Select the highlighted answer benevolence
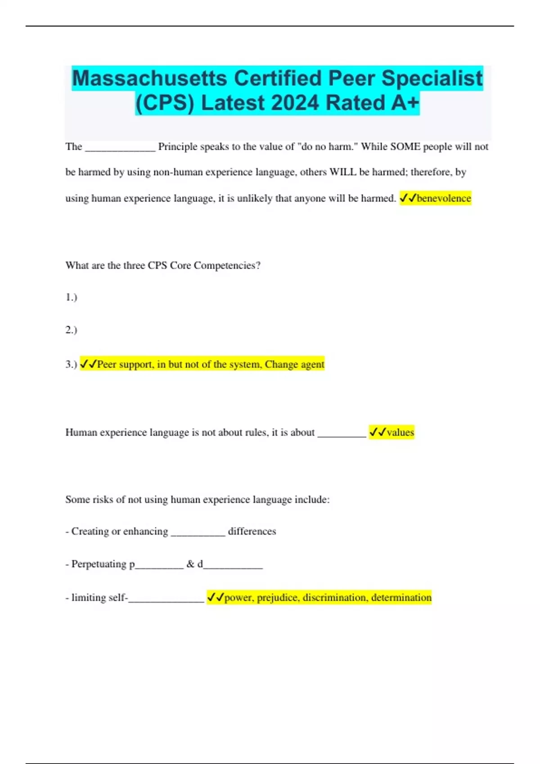(x=444, y=198)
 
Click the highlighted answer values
(x=400, y=432)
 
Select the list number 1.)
(x=71, y=297)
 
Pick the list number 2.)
(x=71, y=330)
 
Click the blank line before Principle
(x=120, y=148)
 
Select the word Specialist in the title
(x=432, y=78)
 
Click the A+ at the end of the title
(x=405, y=103)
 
